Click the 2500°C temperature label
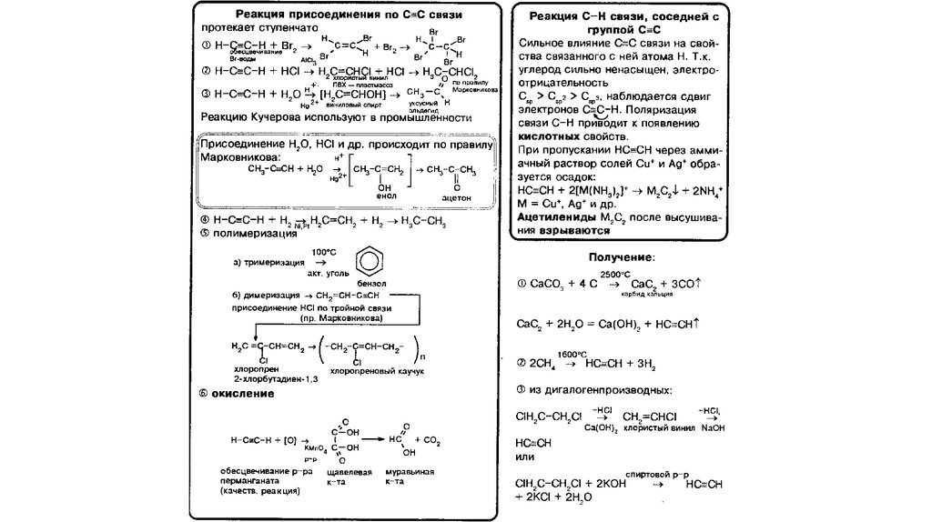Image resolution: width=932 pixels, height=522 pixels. pyautogui.click(x=614, y=273)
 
